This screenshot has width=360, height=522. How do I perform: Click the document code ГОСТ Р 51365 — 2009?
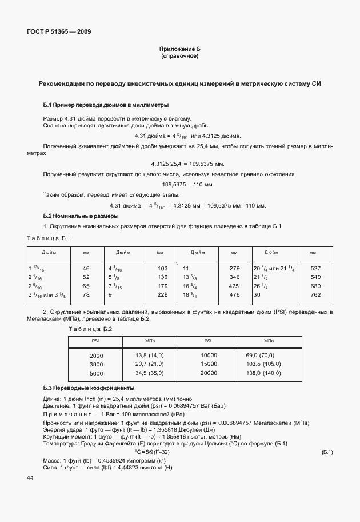point(58,32)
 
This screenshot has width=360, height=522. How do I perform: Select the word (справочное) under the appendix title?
point(179,57)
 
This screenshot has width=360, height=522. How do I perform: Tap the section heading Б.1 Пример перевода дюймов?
point(106,105)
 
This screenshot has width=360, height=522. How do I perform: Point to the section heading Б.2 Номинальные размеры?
point(81,216)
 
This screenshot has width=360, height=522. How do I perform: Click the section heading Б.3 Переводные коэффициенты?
point(85,388)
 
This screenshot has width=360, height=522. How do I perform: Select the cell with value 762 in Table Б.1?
point(315,295)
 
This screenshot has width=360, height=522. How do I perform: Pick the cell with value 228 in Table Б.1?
point(162,295)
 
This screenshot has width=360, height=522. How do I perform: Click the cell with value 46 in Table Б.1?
point(86,268)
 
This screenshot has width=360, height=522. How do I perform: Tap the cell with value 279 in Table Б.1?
point(234,268)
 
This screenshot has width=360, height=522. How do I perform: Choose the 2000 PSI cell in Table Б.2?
point(97,355)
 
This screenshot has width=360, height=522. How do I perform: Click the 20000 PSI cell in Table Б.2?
point(209,373)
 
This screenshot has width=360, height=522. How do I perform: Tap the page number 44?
point(29,477)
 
